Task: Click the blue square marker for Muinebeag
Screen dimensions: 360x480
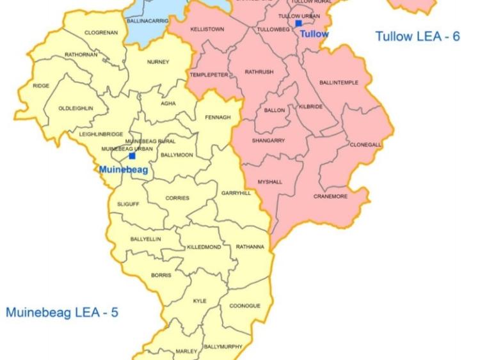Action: point(132,155)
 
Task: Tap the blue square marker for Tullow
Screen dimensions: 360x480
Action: point(298,24)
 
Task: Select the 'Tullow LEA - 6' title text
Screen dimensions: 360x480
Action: point(417,36)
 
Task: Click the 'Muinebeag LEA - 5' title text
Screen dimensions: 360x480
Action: point(62,313)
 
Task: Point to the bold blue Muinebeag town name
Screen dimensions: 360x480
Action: point(124,170)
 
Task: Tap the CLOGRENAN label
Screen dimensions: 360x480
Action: point(101,33)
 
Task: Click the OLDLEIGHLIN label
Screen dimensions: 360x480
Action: point(76,109)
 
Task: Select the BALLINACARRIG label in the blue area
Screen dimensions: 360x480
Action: point(148,21)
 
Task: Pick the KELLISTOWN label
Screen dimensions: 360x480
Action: point(207,29)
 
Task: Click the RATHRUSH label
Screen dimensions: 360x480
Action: point(259,72)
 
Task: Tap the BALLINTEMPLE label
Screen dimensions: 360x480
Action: point(339,83)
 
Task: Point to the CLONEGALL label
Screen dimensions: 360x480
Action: point(365,145)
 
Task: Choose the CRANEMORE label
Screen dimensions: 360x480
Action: point(330,196)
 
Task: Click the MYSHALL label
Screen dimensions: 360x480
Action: point(269,182)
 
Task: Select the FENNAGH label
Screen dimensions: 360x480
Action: point(218,117)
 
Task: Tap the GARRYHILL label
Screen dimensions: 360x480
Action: point(236,193)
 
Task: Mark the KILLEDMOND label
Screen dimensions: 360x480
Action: point(204,247)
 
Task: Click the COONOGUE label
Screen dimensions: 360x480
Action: point(244,306)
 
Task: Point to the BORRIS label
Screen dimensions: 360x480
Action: point(161,276)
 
